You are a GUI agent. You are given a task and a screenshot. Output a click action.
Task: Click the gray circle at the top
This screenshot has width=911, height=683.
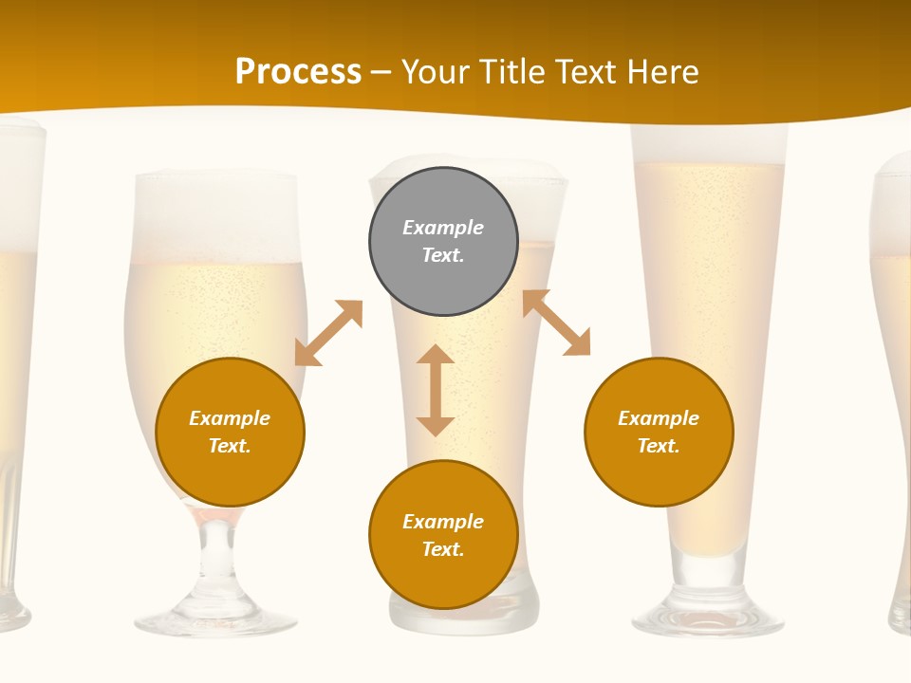[443, 241]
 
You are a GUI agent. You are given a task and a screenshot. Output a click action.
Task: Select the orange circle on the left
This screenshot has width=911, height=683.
[230, 432]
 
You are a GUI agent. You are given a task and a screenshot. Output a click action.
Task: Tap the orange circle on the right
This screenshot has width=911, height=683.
[659, 432]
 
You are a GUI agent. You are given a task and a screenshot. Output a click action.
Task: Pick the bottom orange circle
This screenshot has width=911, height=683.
[443, 535]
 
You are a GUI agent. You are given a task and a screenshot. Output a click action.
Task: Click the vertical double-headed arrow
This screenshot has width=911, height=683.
[436, 390]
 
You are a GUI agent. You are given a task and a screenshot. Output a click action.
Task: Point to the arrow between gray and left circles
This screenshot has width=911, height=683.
[328, 333]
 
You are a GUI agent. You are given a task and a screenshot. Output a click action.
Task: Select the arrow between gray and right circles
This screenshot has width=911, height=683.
[557, 323]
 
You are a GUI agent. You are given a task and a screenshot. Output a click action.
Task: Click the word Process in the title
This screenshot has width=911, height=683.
[298, 72]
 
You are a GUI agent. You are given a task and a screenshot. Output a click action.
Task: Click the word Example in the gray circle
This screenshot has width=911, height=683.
[443, 228]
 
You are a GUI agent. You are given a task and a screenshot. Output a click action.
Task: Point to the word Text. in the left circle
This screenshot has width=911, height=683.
[230, 446]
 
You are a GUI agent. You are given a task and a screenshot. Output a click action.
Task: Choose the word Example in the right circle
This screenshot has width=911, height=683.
[659, 418]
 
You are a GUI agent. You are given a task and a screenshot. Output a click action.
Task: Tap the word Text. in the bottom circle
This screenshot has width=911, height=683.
[443, 549]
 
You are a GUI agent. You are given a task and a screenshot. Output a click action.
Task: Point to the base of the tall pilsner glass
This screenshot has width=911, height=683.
[708, 617]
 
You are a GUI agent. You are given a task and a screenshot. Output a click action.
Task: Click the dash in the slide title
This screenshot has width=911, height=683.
[381, 72]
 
